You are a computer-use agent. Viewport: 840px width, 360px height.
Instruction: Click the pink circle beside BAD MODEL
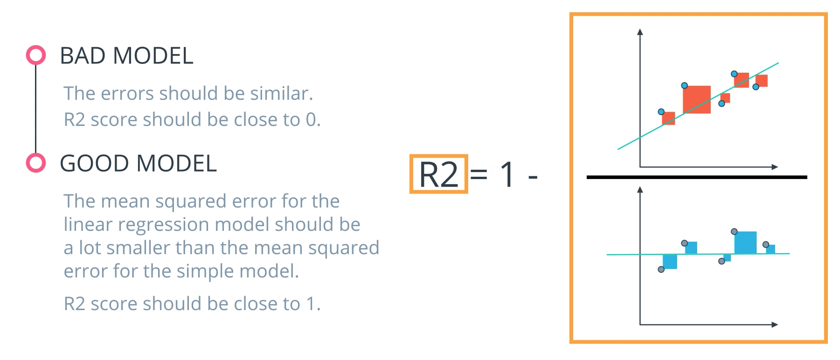[36, 55]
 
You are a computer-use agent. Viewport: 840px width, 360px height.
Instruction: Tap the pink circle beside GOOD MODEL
[36, 163]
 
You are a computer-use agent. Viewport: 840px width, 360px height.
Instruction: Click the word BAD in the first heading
[83, 56]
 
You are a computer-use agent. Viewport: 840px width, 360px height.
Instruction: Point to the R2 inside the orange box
[438, 174]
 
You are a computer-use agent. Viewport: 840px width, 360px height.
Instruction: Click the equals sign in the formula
[479, 175]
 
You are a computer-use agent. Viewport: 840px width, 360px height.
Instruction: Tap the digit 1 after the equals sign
[507, 175]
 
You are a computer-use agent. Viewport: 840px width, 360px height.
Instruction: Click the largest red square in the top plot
[697, 99]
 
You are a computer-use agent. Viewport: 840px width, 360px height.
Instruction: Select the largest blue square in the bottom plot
[745, 242]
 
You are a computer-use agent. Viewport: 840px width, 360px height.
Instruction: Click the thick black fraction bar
[697, 177]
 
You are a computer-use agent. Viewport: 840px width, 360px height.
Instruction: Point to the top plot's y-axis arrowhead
[640, 32]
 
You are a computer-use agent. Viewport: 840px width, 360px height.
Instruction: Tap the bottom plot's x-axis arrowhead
[775, 325]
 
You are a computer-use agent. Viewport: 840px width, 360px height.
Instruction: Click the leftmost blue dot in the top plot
[661, 112]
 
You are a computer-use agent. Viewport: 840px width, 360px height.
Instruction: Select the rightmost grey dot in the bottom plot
[765, 244]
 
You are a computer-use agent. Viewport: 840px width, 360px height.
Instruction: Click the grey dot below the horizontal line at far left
[661, 270]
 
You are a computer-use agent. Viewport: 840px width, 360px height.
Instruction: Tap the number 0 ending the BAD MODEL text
[311, 120]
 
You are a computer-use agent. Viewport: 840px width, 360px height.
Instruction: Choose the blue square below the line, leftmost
[670, 262]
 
